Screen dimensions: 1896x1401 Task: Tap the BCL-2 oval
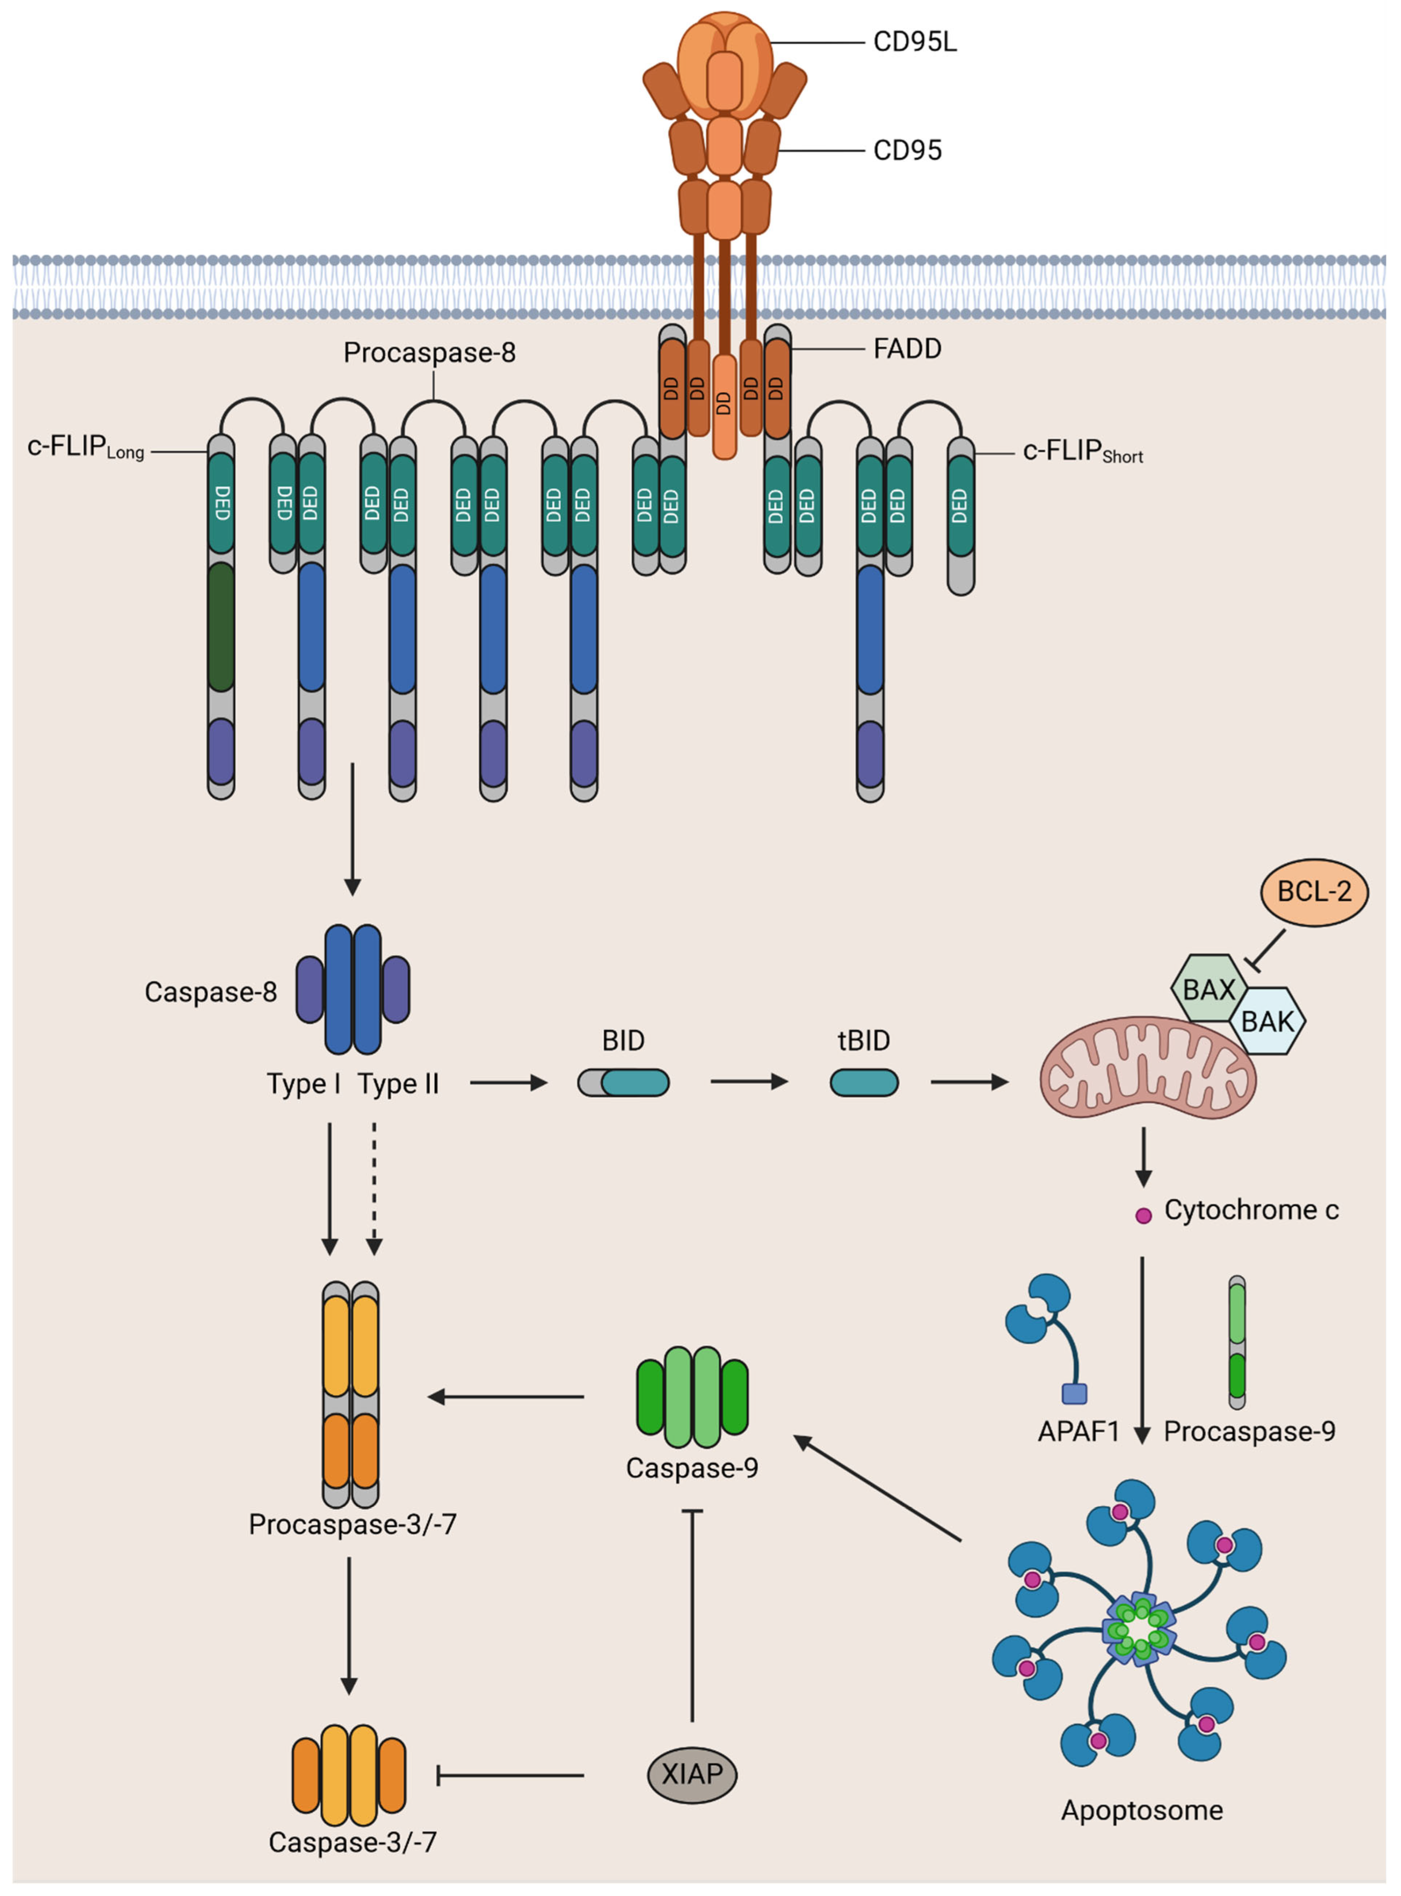(x=1314, y=892)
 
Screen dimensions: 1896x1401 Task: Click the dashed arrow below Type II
(x=374, y=1187)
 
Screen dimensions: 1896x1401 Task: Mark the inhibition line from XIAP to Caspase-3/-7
(x=509, y=1775)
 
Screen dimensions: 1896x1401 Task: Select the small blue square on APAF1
(x=1074, y=1393)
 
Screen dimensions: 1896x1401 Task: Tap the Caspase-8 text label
(x=210, y=992)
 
